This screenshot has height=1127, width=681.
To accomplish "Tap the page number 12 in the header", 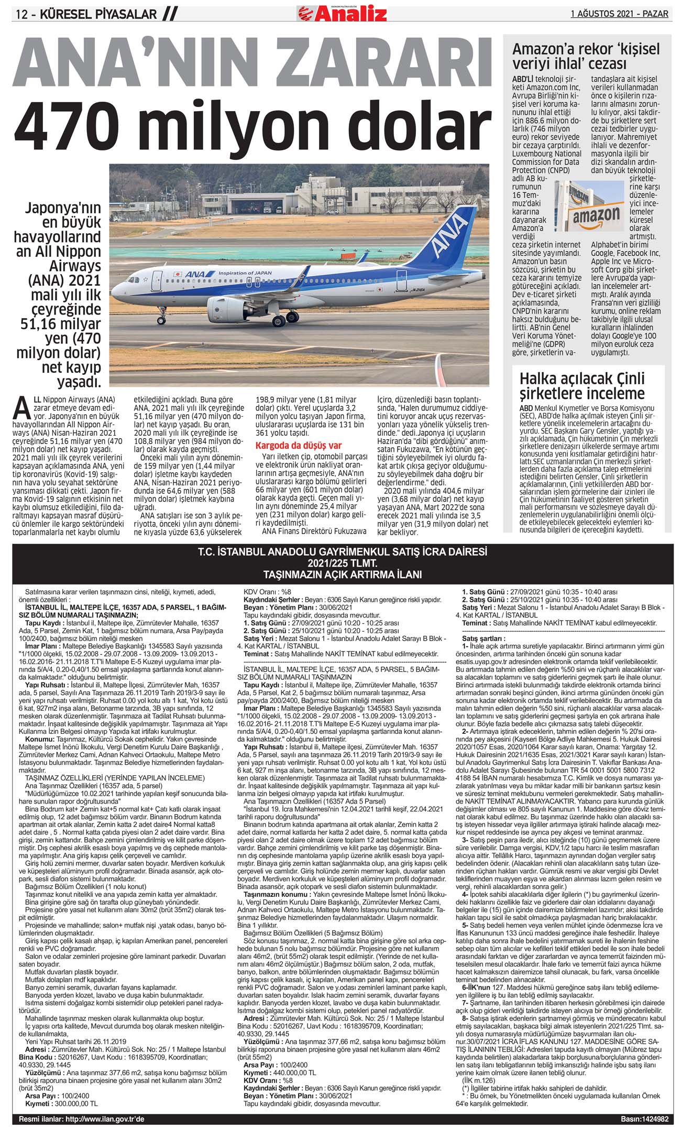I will [x=23, y=15].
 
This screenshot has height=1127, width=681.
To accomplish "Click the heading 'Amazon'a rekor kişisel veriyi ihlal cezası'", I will [x=586, y=57].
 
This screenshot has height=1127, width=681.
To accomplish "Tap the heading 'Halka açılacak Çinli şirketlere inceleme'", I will [x=581, y=385].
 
